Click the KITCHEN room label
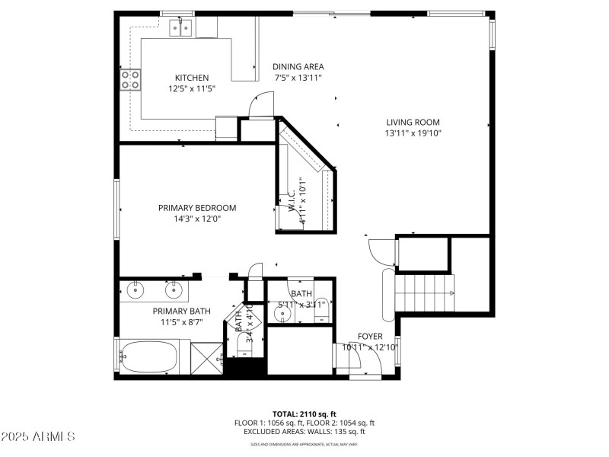(x=192, y=78)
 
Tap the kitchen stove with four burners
(x=130, y=79)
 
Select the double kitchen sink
(x=180, y=29)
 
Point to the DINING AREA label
(x=298, y=67)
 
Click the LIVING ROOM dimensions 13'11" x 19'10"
(x=413, y=133)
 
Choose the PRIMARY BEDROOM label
(x=197, y=208)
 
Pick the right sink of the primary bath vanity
(x=175, y=289)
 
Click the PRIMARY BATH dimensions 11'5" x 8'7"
(x=181, y=322)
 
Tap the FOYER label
(x=370, y=337)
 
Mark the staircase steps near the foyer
(x=424, y=293)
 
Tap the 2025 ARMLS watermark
(x=38, y=437)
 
